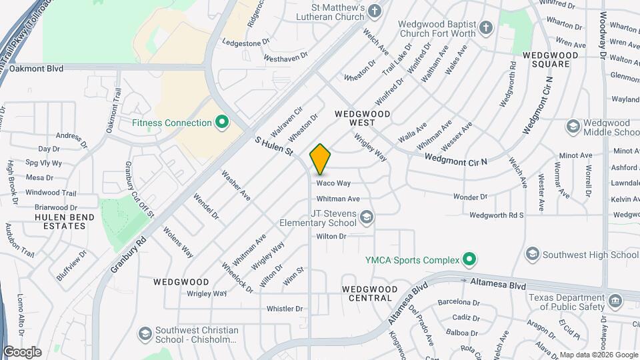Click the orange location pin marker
(321, 159)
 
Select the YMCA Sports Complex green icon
(469, 259)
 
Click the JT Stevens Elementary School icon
(366, 217)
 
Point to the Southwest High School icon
(532, 254)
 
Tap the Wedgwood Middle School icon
(573, 127)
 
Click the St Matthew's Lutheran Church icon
(375, 11)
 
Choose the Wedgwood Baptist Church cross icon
(487, 28)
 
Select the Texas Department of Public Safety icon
(615, 302)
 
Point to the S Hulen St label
(275, 147)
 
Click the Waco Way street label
(333, 183)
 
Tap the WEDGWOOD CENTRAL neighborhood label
(369, 293)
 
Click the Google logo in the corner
(22, 351)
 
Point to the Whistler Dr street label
(285, 309)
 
